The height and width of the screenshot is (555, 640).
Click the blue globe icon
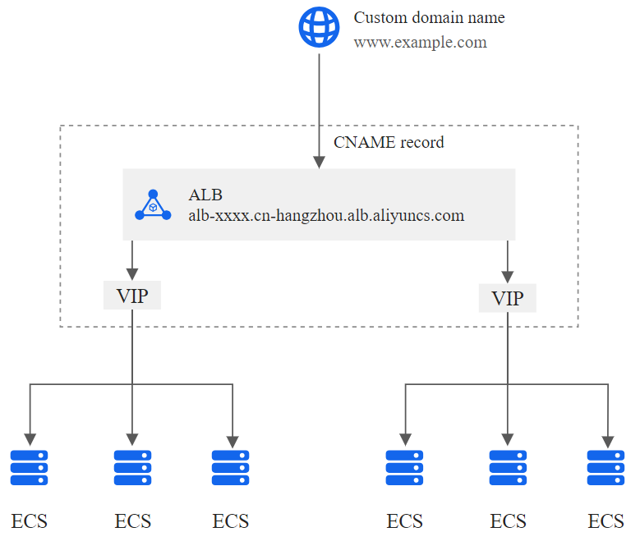(318, 28)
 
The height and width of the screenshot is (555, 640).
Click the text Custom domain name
(429, 17)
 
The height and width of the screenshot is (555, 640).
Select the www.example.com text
(420, 42)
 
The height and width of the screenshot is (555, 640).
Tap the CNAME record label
(389, 142)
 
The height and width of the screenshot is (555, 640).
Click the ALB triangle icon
(152, 206)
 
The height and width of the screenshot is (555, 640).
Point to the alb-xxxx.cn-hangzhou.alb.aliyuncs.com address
(326, 216)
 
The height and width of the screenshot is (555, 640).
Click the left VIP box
(132, 296)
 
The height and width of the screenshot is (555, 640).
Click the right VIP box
(507, 298)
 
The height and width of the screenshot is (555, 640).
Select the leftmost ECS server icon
(30, 468)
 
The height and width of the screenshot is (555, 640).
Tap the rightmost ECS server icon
(606, 468)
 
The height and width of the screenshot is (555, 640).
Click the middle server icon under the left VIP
(132, 468)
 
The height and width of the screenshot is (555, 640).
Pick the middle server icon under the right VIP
(508, 468)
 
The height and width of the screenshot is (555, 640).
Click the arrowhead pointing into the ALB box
(319, 162)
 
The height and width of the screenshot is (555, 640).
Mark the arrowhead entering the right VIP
(507, 275)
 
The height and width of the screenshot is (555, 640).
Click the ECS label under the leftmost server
(30, 521)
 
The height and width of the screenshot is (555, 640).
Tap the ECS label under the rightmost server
(606, 521)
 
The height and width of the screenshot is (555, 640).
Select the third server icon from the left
(231, 468)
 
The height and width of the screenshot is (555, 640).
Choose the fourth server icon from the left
(405, 468)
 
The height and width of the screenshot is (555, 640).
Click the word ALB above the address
(205, 195)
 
